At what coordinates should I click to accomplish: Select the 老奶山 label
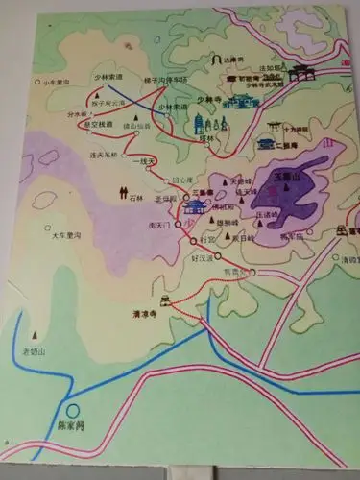pos(36,349)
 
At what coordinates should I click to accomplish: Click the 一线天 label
pos(145,161)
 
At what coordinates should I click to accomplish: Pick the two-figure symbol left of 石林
pos(124,188)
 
